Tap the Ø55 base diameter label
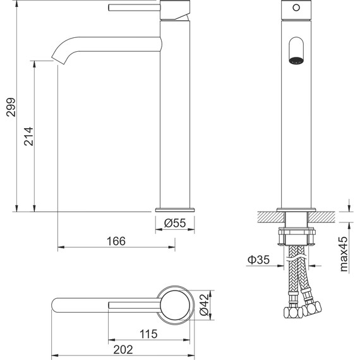175,223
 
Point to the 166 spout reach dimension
116,241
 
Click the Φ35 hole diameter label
258,260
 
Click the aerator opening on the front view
296,51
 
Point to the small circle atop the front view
296,8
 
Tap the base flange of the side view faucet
175,209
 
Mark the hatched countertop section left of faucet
268,217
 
